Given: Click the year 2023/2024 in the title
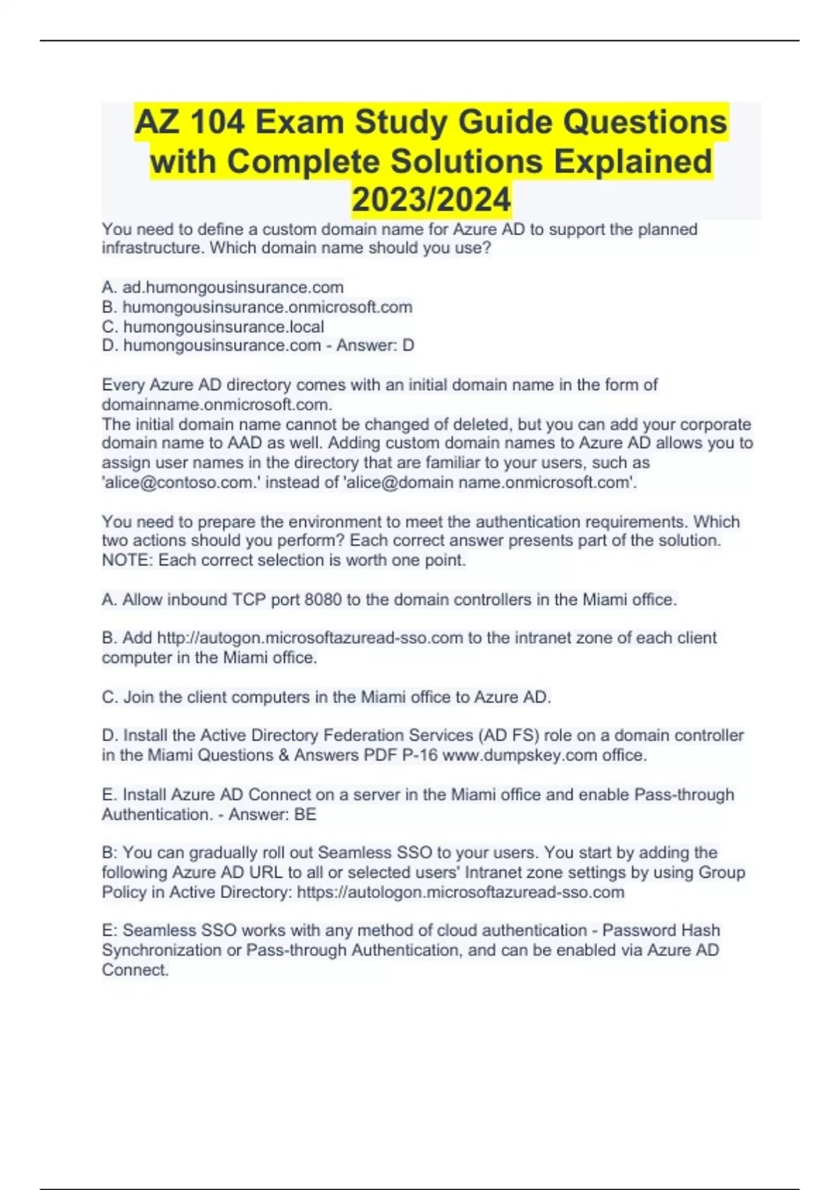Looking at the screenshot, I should pyautogui.click(x=431, y=199).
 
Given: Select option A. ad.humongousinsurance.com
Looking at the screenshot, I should pyautogui.click(x=223, y=287).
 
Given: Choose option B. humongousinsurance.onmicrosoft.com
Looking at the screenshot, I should pyautogui.click(x=257, y=307).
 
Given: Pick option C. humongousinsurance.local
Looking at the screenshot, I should pyautogui.click(x=213, y=326).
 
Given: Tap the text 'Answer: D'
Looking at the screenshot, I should pyautogui.click(x=375, y=345).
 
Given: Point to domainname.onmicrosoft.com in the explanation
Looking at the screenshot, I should pyautogui.click(x=216, y=405).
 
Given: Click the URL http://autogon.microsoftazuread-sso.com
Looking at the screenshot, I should pyautogui.click(x=310, y=638).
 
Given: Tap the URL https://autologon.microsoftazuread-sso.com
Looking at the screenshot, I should pyautogui.click(x=461, y=892).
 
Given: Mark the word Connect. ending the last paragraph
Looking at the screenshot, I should pyautogui.click(x=135, y=969).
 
